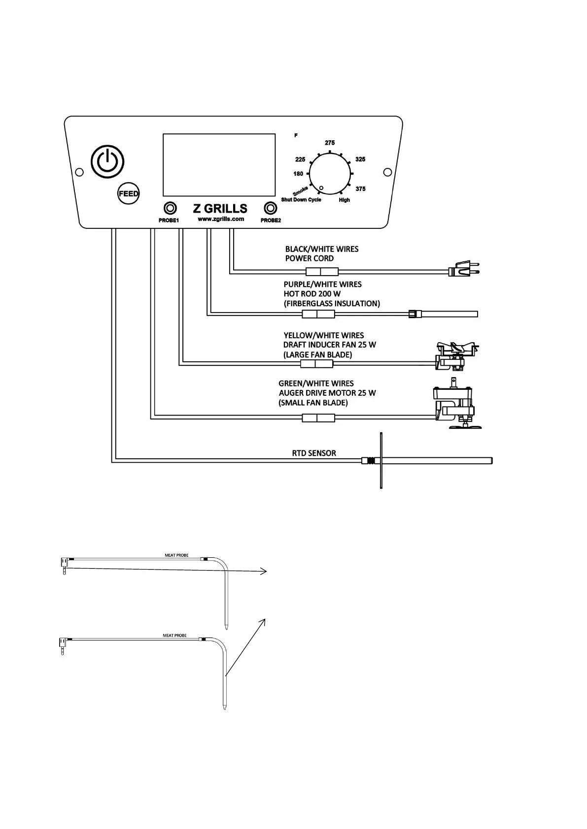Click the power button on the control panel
(x=107, y=161)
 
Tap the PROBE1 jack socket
(x=170, y=208)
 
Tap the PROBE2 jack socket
(x=270, y=208)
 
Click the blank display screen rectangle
(x=219, y=165)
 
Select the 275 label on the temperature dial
(x=330, y=143)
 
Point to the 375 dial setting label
(x=360, y=189)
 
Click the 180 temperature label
(x=298, y=174)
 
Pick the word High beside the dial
(x=344, y=200)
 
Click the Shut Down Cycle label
(x=301, y=200)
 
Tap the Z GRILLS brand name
(x=220, y=208)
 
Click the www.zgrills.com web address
(x=221, y=219)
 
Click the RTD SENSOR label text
(x=314, y=453)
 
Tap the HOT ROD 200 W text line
(x=312, y=294)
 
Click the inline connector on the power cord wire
(x=321, y=271)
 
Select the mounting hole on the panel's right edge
(x=387, y=172)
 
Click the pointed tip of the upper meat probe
(x=226, y=628)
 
